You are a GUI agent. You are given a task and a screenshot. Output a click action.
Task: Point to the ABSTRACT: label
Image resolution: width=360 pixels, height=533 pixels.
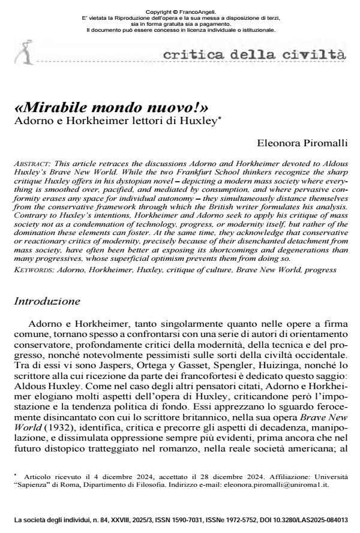(30, 163)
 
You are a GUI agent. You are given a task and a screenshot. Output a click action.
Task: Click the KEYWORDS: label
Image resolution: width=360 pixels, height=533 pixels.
(32, 271)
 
